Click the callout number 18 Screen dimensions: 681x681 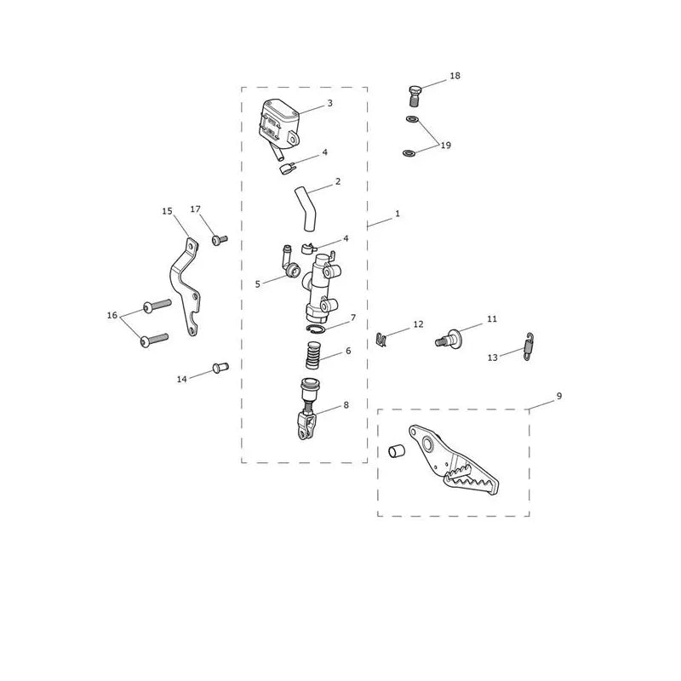point(455,76)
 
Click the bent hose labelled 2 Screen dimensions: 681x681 point(306,209)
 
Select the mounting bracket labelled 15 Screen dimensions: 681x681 point(186,287)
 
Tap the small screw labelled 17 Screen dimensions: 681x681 point(220,239)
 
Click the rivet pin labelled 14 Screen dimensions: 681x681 point(220,368)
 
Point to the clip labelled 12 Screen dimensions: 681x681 point(381,340)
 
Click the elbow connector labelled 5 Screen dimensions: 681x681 point(289,263)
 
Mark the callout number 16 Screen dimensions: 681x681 point(112,315)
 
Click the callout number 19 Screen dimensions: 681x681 point(445,145)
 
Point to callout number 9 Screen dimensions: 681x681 point(559,396)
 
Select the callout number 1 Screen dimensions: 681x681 point(397,214)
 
